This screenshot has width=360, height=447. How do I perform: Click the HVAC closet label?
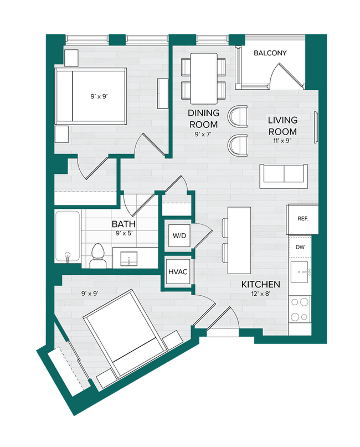tap(177, 273)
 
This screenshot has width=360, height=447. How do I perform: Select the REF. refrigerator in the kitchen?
tap(302, 219)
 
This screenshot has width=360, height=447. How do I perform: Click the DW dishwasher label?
tap(300, 247)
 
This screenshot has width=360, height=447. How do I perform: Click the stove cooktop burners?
tap(301, 310)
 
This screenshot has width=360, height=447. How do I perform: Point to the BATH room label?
tap(124, 224)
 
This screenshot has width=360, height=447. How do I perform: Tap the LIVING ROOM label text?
tap(282, 126)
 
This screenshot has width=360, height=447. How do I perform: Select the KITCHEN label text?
tap(260, 284)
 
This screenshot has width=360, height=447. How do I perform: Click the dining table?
tap(203, 78)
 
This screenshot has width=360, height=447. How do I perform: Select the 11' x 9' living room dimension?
tap(282, 141)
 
